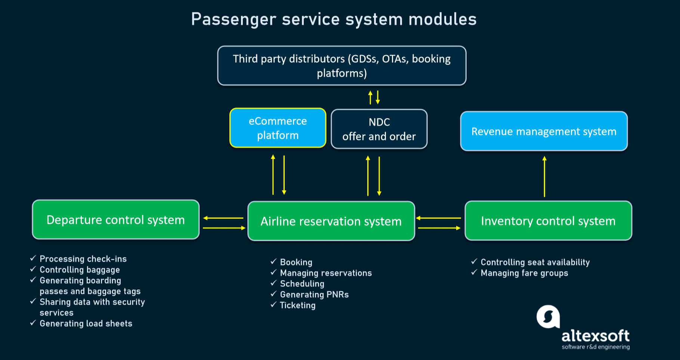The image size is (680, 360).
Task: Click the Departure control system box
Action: tap(115, 220)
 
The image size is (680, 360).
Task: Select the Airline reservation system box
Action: tap(331, 221)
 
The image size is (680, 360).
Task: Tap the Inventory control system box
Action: tap(548, 221)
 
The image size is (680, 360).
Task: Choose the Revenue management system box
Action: tap(544, 131)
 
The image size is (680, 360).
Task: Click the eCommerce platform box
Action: tap(278, 128)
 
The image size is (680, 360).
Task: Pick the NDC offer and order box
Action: tap(379, 129)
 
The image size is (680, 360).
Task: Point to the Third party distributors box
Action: tap(341, 66)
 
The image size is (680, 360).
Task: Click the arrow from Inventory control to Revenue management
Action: tap(544, 176)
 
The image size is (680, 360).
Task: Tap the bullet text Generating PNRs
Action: tap(314, 295)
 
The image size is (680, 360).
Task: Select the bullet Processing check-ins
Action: tap(83, 259)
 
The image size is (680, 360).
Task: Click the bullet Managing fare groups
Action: tap(524, 273)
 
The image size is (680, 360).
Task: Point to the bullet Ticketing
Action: tap(298, 305)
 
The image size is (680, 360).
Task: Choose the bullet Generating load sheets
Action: tap(86, 323)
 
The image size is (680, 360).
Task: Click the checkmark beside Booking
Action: tap(273, 262)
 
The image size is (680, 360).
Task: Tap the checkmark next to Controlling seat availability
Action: tap(474, 262)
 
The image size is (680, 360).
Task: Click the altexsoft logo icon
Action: tap(548, 317)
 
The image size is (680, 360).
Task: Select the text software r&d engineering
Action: tap(596, 347)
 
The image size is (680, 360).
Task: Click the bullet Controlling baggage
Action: tap(80, 270)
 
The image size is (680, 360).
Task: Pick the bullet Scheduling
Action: tap(302, 284)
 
